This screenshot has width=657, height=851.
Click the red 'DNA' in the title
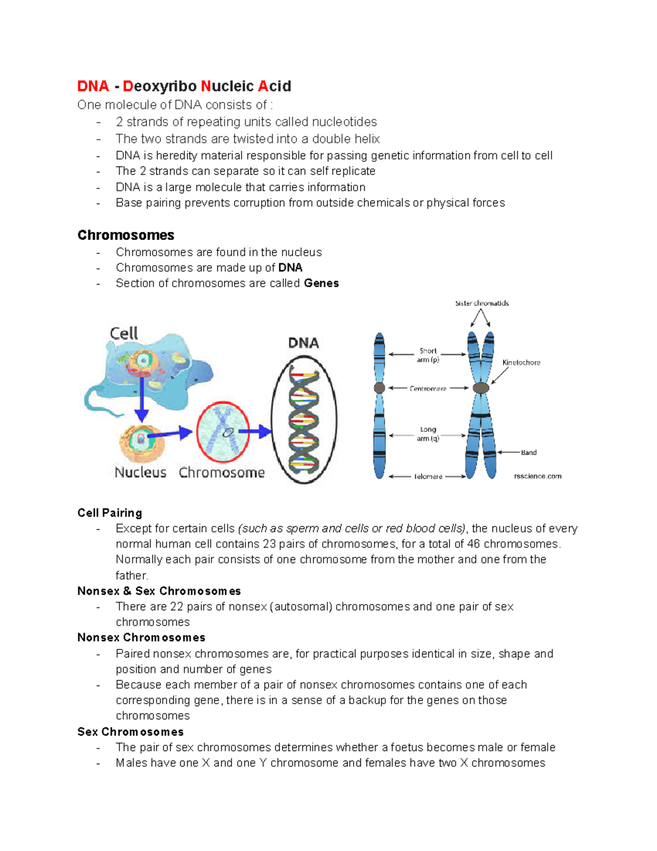tap(93, 87)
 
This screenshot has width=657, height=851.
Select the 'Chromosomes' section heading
tap(126, 235)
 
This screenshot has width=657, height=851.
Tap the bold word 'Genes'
tap(321, 283)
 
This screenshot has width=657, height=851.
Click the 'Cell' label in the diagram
tap(124, 333)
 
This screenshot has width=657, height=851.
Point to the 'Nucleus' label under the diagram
tap(140, 472)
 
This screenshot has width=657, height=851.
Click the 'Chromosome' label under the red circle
tap(222, 472)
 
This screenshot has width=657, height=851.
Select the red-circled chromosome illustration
tap(223, 432)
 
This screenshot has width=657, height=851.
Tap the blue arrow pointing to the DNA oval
tap(256, 432)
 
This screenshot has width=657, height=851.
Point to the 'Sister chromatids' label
tap(482, 303)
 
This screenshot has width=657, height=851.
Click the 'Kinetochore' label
tap(521, 363)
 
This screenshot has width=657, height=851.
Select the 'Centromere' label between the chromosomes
tap(428, 389)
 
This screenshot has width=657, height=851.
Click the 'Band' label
tap(528, 453)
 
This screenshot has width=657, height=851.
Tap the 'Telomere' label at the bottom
tap(428, 477)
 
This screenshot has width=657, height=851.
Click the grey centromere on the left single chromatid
tap(379, 388)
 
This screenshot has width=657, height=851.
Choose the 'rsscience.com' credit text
tap(538, 476)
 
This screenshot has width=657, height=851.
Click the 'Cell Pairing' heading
tap(109, 513)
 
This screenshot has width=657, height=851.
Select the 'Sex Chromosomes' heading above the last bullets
tap(130, 732)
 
